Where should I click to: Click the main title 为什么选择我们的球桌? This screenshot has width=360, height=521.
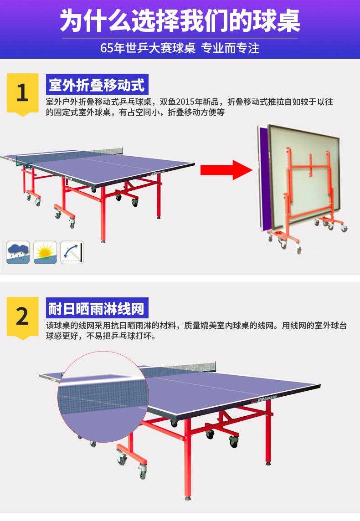(180, 20)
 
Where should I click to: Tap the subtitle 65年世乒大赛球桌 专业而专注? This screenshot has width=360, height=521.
(180, 48)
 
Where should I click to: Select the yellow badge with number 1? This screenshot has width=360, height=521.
(23, 94)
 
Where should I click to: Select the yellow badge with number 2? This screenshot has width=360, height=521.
(23, 318)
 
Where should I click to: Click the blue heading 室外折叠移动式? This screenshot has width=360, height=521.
(97, 84)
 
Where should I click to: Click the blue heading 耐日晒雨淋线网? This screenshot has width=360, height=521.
(97, 308)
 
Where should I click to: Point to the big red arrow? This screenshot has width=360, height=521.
(226, 170)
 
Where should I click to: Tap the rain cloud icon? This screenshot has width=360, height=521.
(18, 252)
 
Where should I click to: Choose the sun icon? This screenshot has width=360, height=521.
(45, 252)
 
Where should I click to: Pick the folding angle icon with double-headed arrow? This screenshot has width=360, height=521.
(72, 252)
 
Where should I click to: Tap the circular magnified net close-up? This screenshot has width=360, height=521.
(103, 396)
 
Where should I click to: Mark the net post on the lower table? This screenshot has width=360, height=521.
(215, 366)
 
